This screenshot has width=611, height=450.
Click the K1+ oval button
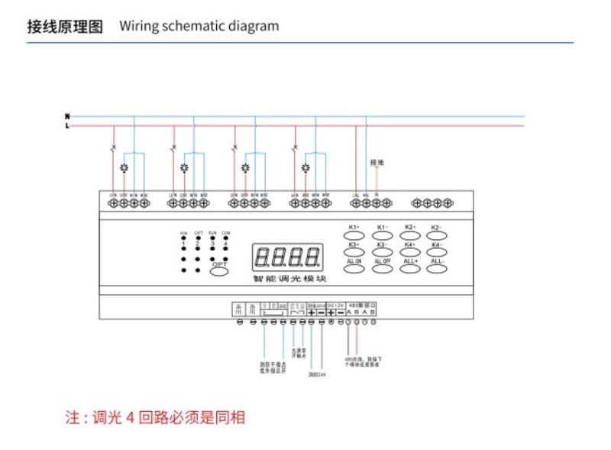354,234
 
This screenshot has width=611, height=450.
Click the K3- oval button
383,250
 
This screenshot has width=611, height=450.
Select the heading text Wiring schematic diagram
199,26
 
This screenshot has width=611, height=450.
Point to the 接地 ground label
377,162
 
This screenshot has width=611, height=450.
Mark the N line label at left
67,116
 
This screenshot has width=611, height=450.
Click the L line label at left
67,125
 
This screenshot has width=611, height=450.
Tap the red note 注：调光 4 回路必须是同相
155,418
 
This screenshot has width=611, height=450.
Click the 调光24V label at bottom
317,374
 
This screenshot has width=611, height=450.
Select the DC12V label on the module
336,304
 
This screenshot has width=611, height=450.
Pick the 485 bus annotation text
362,362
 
